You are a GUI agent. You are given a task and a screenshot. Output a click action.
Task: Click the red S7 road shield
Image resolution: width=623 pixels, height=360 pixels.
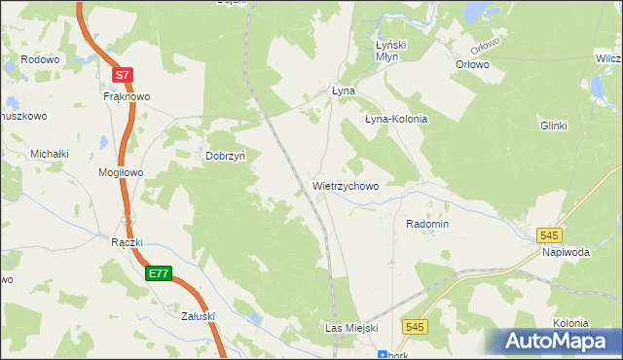pos(121,74)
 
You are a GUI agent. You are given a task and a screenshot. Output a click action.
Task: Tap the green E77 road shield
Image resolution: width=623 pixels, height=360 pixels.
pos(160,274)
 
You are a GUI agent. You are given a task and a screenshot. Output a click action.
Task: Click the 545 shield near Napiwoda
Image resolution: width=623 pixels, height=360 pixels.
pos(550,235)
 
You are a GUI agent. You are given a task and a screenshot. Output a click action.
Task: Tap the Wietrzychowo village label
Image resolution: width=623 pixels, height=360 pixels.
pos(346,185)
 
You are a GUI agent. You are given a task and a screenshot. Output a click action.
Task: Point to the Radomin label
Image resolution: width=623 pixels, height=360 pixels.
pos(427,224)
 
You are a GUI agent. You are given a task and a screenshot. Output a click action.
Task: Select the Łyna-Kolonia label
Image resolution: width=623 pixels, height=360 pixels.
pos(396,119)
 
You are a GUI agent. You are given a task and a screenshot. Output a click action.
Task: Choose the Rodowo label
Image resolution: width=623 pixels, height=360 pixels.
pos(40,59)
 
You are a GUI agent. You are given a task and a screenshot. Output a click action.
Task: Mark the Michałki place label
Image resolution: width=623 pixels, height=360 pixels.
pos(50,154)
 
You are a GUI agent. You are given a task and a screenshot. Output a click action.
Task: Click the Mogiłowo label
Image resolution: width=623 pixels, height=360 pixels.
pos(121,173)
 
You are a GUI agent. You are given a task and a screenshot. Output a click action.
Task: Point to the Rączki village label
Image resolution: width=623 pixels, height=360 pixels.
pos(128,243)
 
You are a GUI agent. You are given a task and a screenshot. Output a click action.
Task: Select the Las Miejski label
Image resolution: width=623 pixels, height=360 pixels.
pos(350,329)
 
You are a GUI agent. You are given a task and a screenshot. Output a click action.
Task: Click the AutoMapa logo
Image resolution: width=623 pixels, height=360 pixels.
pos(555,340)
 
